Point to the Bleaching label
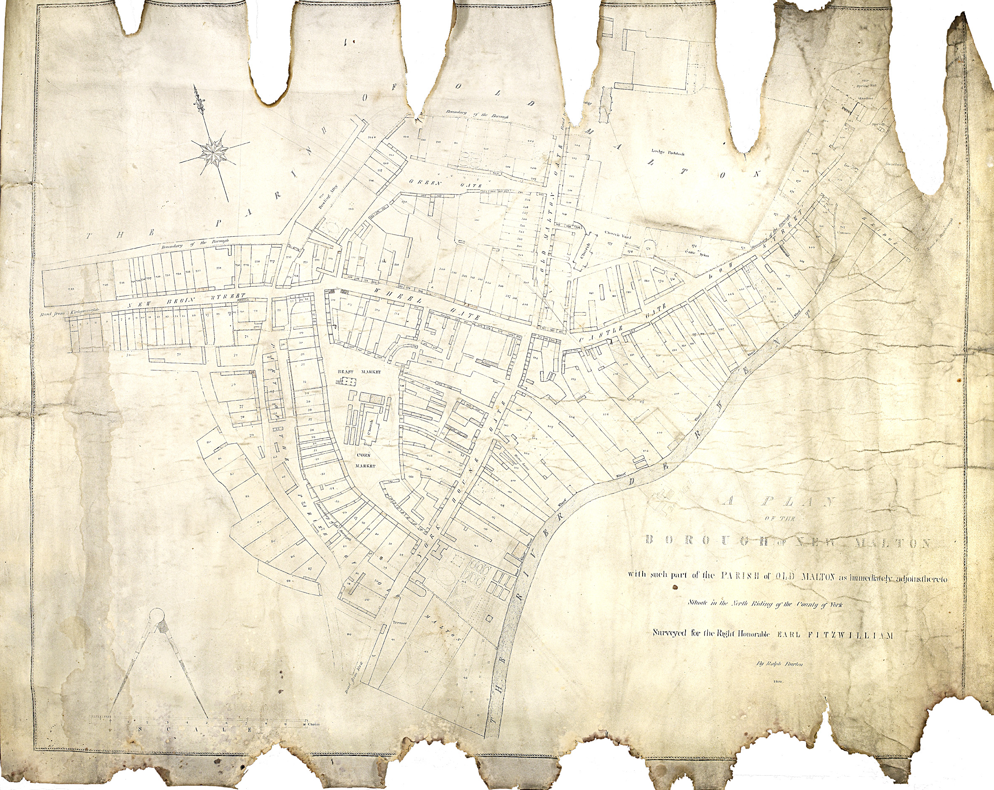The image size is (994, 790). (x=895, y=164)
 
